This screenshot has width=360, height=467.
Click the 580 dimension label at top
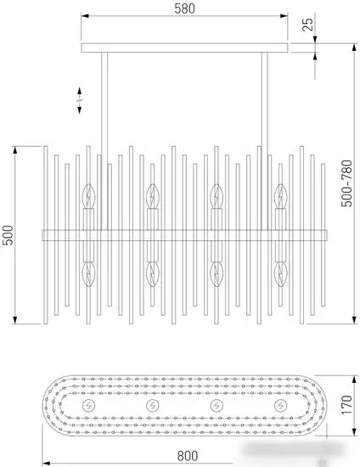click(x=184, y=8)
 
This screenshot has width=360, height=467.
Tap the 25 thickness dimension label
click(x=307, y=25)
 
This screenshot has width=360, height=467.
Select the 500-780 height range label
click(x=346, y=183)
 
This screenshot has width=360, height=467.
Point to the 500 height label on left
click(x=8, y=235)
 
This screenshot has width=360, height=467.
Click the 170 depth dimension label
click(x=346, y=405)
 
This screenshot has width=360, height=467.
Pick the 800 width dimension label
click(x=188, y=456)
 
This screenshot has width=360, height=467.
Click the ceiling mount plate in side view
click(x=184, y=48)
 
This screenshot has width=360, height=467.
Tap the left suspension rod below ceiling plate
click(x=104, y=141)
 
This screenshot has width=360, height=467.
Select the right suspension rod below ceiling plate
click(x=265, y=141)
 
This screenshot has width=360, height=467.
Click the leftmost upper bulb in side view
click(x=88, y=196)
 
